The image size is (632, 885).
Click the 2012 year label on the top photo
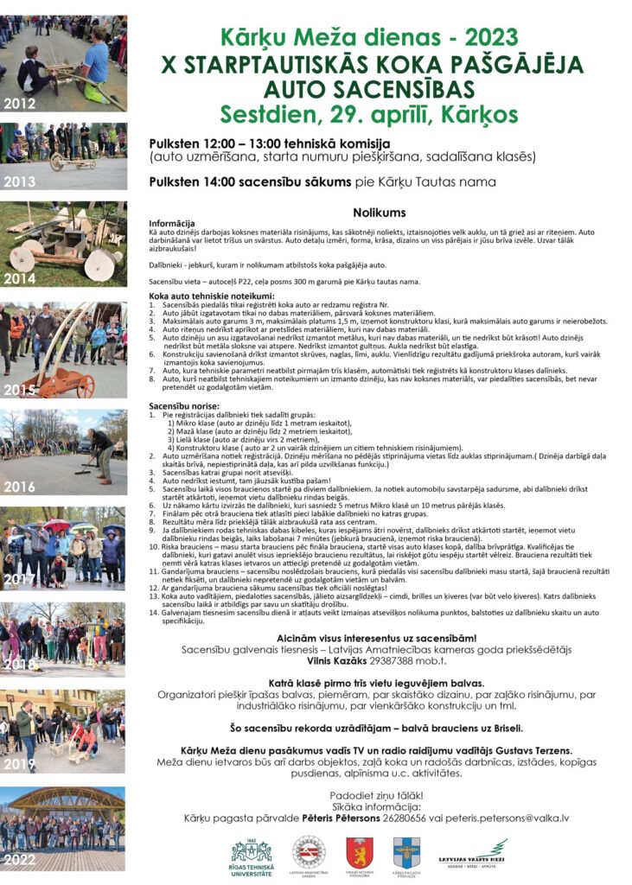tap(19, 104)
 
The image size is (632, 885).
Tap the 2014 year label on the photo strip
tap(19, 279)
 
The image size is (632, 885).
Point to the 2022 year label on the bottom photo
tap(19, 860)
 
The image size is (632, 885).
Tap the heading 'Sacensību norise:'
tap(182, 405)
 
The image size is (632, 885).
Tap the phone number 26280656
tap(403, 817)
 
